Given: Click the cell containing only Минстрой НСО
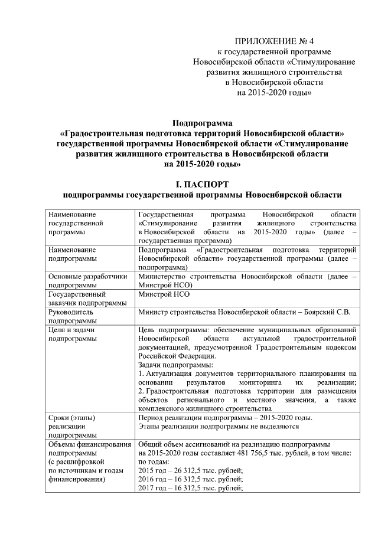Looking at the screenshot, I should click(x=164, y=293).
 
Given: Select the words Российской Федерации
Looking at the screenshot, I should click(x=172, y=356).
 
